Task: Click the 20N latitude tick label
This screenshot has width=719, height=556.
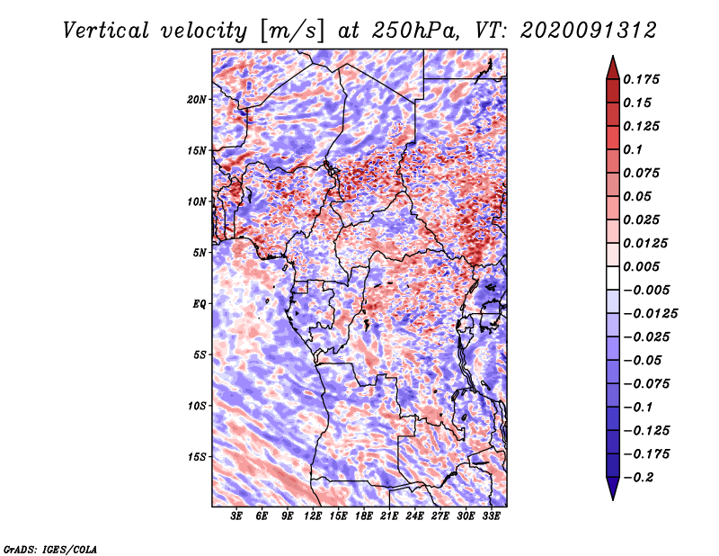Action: point(197,100)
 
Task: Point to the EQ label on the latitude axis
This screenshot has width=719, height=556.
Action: point(199,304)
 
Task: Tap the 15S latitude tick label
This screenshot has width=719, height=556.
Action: point(197,457)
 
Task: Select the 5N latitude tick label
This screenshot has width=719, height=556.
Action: point(200,253)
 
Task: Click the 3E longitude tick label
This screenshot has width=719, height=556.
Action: point(236,516)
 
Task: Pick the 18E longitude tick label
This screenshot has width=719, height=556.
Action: point(364,516)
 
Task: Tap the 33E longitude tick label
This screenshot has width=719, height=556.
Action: point(491,516)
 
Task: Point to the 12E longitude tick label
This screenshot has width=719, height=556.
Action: point(313,516)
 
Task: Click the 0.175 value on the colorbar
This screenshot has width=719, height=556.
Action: point(641,79)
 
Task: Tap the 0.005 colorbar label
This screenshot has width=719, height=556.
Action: point(641,266)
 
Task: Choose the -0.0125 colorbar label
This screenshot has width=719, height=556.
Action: point(650,314)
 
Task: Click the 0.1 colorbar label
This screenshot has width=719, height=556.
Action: point(633,149)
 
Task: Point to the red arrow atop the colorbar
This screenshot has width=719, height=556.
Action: point(613,67)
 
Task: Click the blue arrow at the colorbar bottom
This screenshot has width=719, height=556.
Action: point(613,489)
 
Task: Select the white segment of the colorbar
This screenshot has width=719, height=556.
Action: point(613,278)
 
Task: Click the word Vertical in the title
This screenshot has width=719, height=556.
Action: point(106,31)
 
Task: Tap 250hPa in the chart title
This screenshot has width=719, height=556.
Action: point(415,31)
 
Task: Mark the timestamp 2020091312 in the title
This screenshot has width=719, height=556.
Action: point(589,31)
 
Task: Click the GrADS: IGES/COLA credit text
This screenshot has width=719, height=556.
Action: point(50,550)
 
